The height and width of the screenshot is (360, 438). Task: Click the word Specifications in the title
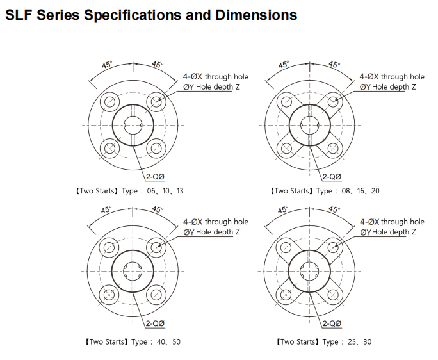[133, 15]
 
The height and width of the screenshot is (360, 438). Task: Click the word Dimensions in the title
[256, 15]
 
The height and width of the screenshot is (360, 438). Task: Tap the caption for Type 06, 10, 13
[129, 191]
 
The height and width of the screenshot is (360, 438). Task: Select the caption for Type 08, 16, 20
[324, 191]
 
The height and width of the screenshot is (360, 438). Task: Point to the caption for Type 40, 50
[133, 341]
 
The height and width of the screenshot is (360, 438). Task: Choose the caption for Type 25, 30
[324, 341]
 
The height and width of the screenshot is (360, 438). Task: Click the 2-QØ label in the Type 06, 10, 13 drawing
[156, 177]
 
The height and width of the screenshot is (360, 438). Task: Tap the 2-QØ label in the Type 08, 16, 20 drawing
[332, 177]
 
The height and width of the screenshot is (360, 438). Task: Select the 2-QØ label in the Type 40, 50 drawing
[156, 323]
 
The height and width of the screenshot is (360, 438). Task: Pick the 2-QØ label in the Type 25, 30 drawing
[332, 323]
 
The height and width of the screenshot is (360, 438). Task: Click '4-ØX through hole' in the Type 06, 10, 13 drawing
[216, 77]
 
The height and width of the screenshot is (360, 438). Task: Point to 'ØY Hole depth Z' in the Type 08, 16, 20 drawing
[387, 87]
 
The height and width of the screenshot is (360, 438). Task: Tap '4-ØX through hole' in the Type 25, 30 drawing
[392, 222]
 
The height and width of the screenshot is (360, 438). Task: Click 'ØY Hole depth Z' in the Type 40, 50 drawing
[211, 232]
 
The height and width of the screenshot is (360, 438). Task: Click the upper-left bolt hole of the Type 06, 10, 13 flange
[109, 101]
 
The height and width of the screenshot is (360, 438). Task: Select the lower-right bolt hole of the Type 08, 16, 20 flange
[333, 148]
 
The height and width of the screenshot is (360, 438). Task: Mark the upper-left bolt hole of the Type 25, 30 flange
[286, 247]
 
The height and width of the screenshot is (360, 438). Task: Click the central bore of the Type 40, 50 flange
[133, 271]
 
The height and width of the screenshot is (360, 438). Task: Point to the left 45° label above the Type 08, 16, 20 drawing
[284, 65]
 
